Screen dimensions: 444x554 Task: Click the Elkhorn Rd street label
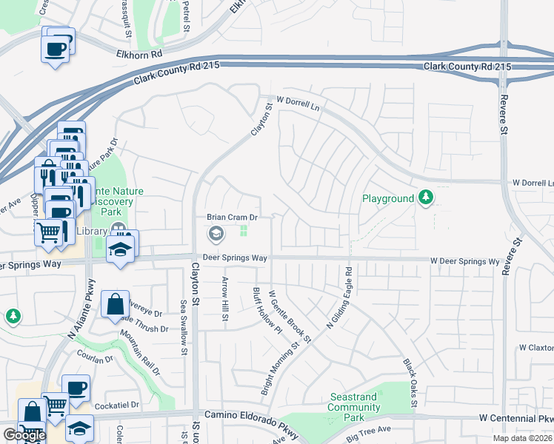click(138, 54)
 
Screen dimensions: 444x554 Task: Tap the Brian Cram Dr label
click(232, 218)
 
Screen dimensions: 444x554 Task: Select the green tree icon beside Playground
click(425, 198)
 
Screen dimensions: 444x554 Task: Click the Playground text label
click(387, 198)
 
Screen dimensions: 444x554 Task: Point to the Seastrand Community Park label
click(353, 403)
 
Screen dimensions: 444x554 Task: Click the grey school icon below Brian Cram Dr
click(216, 235)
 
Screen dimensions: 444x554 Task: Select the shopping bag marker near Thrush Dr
click(116, 304)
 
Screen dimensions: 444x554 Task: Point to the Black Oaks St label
click(410, 383)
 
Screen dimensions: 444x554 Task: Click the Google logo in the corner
click(24, 435)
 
